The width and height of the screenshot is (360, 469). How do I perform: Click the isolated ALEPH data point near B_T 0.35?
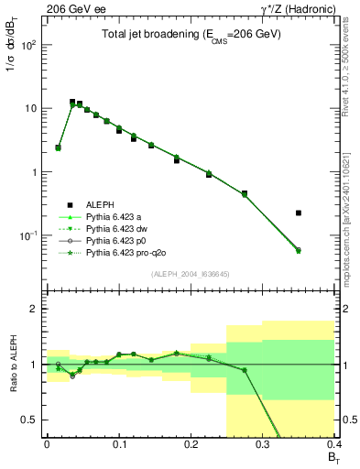[x=299, y=213]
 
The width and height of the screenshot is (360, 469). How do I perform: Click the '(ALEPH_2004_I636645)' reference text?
[x=190, y=274]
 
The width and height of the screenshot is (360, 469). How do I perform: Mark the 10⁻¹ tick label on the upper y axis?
[x=29, y=235]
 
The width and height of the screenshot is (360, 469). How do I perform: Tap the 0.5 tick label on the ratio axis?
[x=30, y=420]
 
